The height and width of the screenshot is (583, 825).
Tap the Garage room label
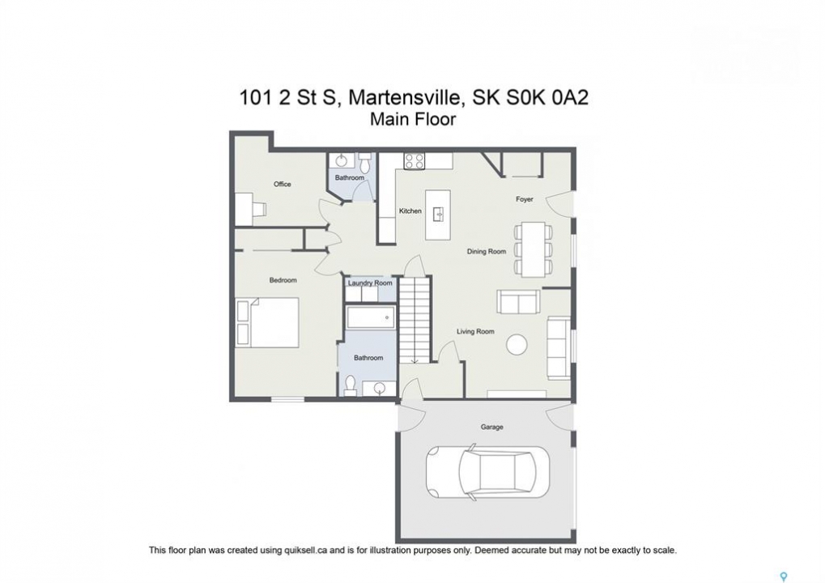(492, 427)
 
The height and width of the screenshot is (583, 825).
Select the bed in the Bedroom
(267, 322)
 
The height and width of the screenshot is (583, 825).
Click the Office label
(283, 184)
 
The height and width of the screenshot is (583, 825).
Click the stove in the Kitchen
(414, 161)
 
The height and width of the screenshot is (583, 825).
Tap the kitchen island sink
(438, 215)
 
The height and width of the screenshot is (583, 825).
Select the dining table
(533, 249)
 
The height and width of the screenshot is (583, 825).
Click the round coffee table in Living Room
(517, 346)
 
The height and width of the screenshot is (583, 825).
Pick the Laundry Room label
(370, 283)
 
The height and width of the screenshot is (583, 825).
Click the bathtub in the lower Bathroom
(371, 317)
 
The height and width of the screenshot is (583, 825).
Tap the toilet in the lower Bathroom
(350, 385)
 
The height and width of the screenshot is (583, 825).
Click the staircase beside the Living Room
(415, 320)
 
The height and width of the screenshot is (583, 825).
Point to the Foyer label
(525, 199)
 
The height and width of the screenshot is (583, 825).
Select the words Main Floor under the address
(413, 119)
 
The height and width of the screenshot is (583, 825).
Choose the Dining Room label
(487, 252)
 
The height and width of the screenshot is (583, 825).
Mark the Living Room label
(475, 331)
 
